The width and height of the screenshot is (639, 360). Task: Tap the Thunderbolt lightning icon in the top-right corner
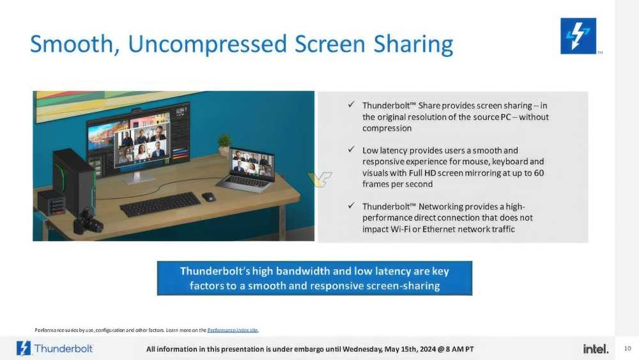point(578,36)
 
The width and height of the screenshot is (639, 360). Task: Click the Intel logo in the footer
point(596,348)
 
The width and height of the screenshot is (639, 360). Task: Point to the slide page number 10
point(627,348)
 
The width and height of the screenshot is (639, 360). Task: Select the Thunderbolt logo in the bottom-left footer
point(55,348)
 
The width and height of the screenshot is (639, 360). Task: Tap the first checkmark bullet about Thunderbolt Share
point(351,105)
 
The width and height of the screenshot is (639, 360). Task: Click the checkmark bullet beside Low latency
point(351,150)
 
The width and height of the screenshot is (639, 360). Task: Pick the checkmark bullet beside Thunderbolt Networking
point(351,206)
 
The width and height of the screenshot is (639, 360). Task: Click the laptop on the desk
point(248,169)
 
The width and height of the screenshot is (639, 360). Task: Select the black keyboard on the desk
point(160,203)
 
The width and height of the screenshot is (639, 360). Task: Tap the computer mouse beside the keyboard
point(208,197)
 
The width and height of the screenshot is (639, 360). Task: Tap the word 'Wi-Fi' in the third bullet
point(396,229)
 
